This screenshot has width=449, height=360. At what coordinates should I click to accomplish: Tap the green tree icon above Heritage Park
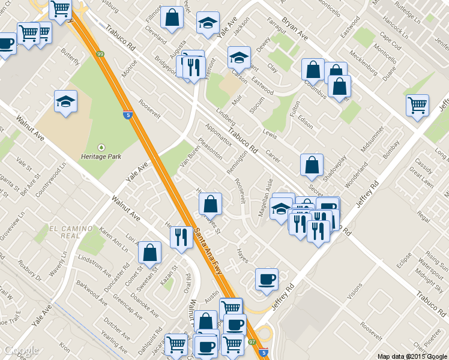(101, 146)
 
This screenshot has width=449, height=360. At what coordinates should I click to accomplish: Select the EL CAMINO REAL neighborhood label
(71, 232)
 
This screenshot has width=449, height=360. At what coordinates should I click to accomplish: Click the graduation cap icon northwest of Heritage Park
(65, 101)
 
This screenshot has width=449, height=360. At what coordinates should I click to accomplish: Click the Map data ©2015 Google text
(412, 356)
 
